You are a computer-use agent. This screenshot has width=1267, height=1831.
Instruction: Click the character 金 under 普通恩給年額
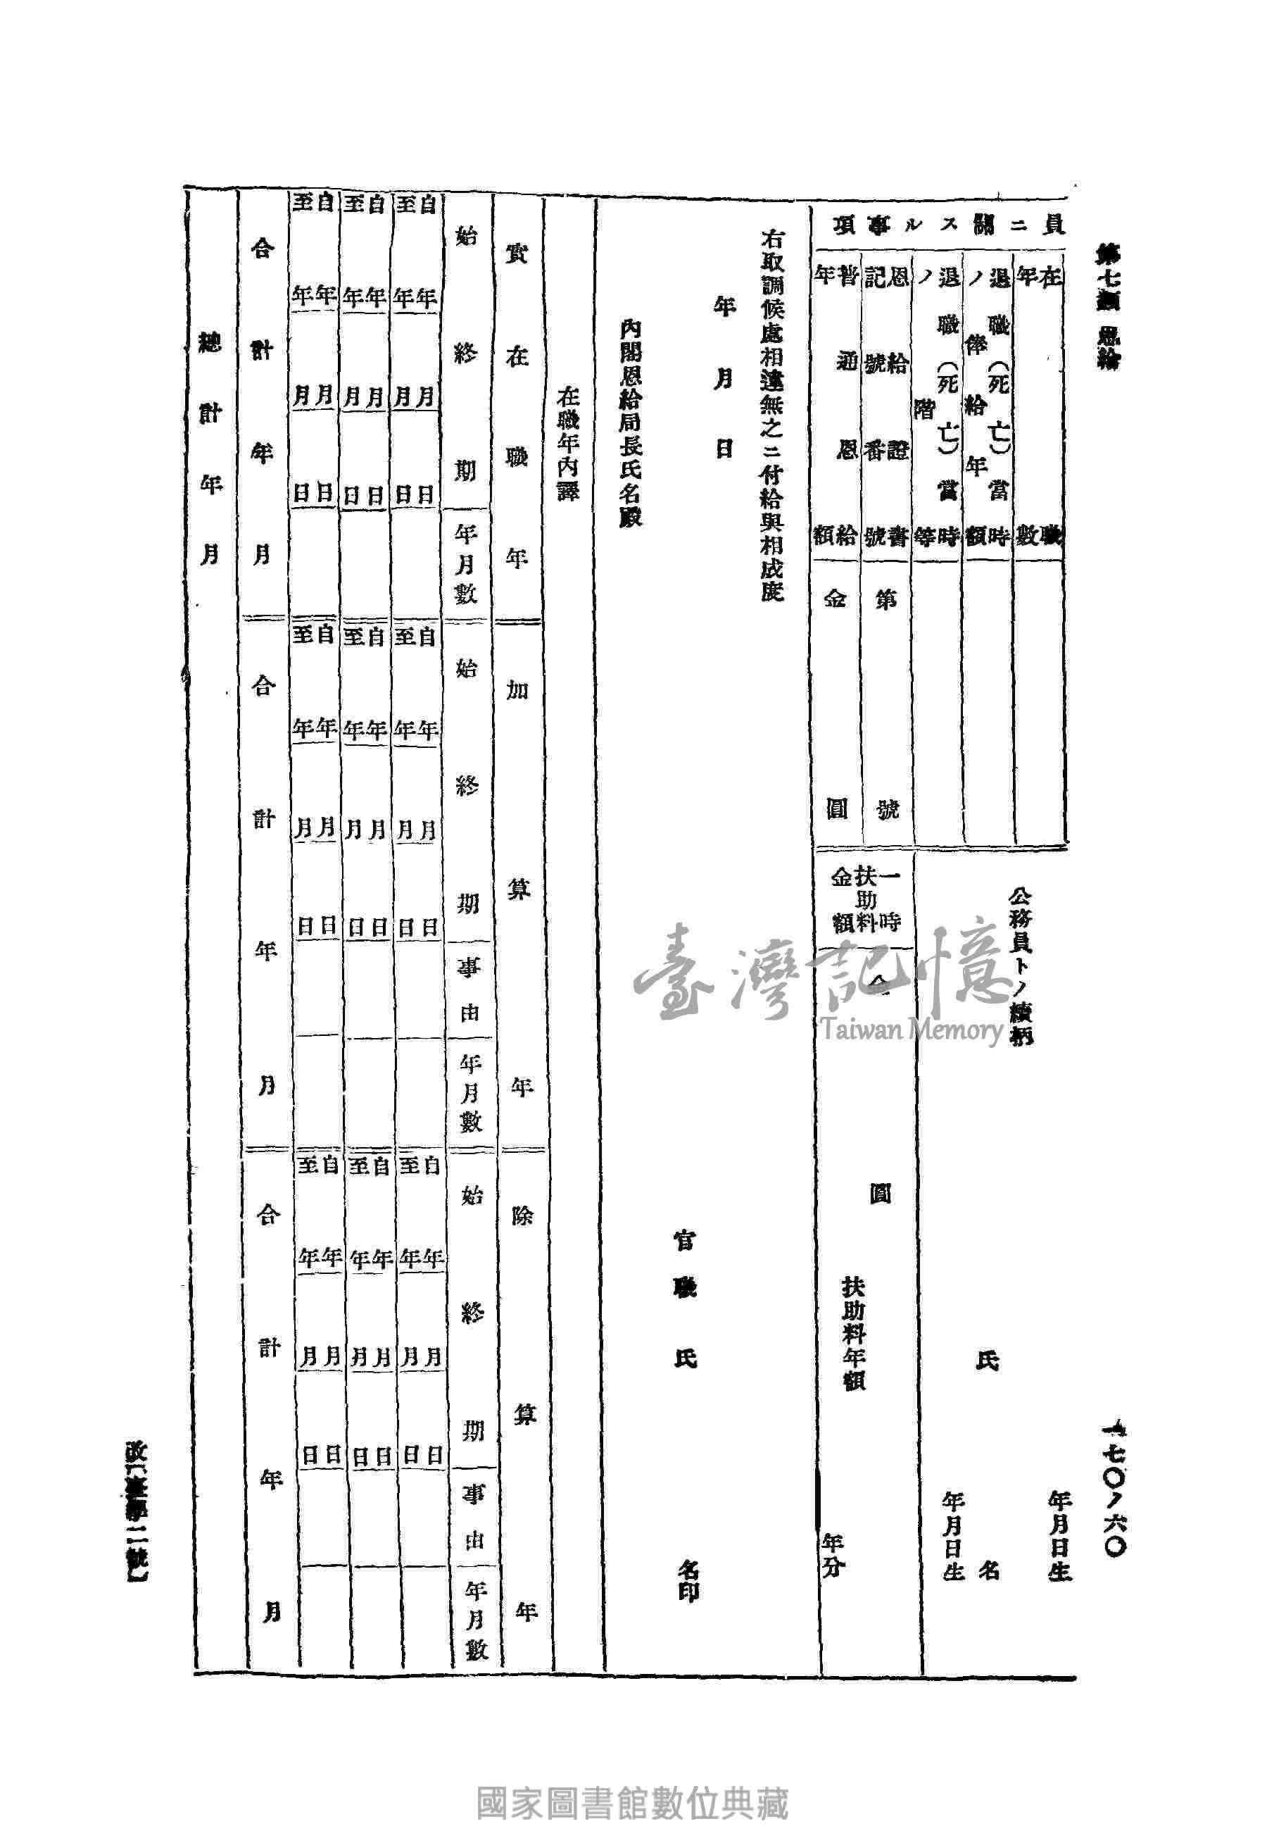837,600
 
